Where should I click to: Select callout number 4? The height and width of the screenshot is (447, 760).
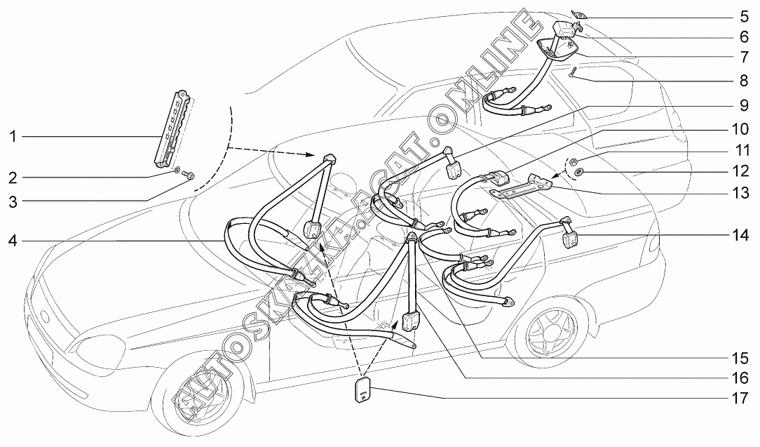coord(13,242)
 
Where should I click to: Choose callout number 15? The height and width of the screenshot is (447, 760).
coord(740,356)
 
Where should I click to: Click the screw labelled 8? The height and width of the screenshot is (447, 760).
coord(572,73)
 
